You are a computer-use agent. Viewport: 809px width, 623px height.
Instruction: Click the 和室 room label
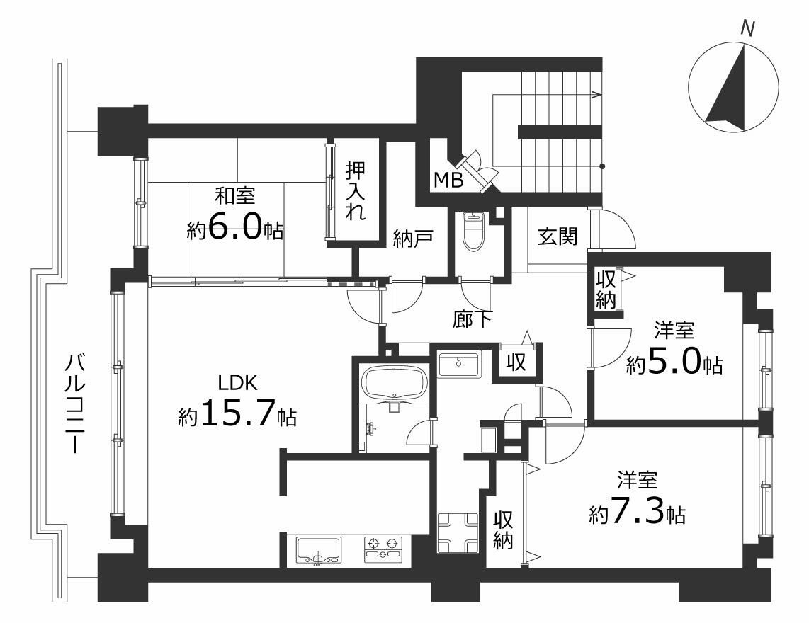click(x=234, y=196)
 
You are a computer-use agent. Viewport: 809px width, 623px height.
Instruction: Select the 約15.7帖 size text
click(x=237, y=413)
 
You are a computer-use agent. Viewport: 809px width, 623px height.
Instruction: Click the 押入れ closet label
click(x=356, y=191)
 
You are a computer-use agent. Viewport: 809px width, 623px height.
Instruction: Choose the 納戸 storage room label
click(x=412, y=239)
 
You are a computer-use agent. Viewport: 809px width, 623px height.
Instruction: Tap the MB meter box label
click(x=448, y=180)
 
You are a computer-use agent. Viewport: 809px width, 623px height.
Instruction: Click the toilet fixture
click(x=472, y=231)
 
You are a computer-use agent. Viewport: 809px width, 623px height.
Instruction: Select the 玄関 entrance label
click(x=558, y=236)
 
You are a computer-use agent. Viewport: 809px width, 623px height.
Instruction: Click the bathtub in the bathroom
click(x=395, y=383)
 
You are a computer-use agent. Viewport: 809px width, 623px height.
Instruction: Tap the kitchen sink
click(x=318, y=551)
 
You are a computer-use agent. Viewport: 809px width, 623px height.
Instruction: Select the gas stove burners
click(x=383, y=549)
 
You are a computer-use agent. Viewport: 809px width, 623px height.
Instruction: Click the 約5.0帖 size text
click(x=674, y=365)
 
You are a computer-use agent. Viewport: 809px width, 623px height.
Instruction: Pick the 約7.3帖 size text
click(x=637, y=513)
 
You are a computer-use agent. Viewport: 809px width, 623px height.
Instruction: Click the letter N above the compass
click(x=747, y=28)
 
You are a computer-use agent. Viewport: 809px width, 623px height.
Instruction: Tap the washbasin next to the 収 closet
click(x=458, y=365)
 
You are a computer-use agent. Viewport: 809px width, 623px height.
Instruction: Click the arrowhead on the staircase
click(x=597, y=94)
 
